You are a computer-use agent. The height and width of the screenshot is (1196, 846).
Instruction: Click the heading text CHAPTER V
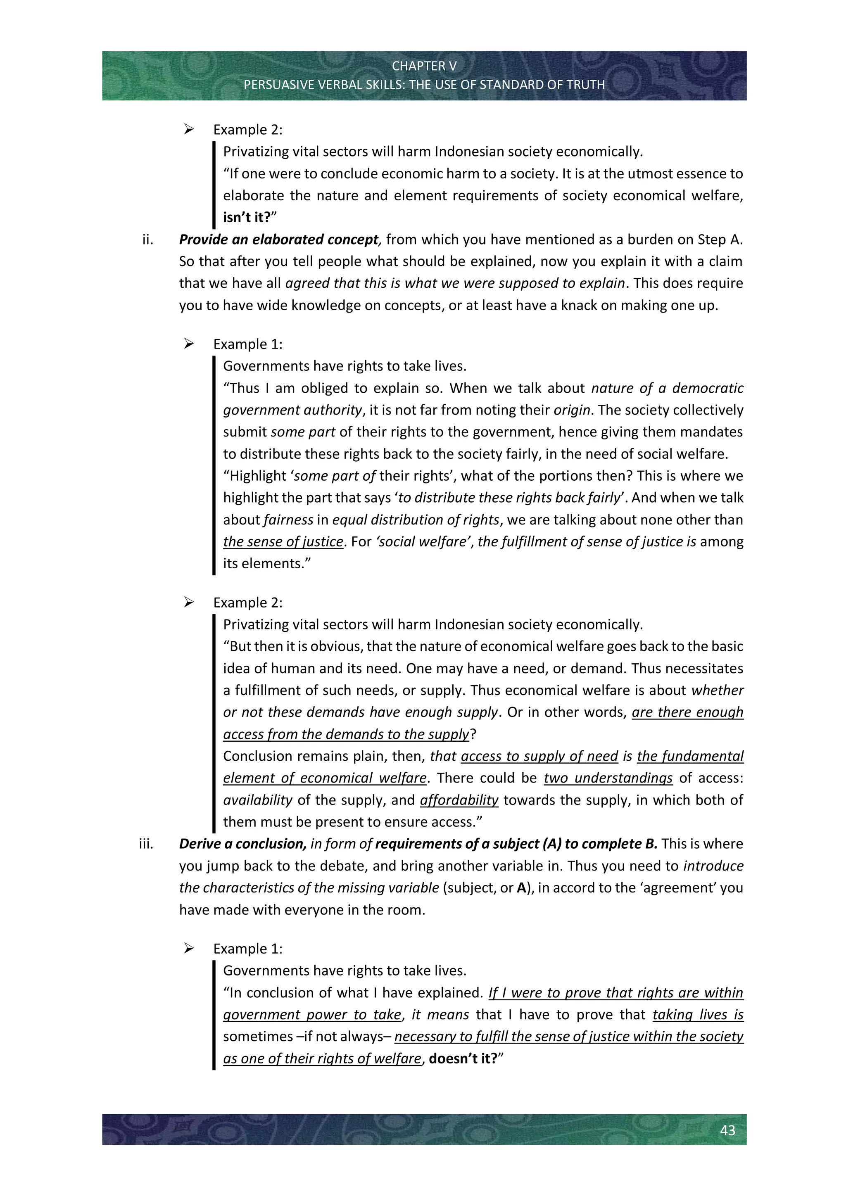point(424,66)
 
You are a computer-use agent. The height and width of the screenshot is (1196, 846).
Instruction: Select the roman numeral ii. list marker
point(148,240)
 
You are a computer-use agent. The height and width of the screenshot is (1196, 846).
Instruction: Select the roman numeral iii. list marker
point(146,844)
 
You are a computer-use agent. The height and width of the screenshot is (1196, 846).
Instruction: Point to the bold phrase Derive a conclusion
point(242,844)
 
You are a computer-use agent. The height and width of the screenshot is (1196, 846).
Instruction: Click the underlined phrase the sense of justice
point(283,542)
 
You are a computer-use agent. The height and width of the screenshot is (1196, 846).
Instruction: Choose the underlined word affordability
point(459,800)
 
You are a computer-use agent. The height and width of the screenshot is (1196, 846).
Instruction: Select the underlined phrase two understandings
point(608,778)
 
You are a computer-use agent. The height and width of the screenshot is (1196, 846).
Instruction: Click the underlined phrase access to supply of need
point(539,756)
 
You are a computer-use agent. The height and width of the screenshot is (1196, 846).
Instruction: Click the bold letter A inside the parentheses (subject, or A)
point(521,888)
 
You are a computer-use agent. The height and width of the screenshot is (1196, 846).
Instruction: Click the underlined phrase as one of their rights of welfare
point(322,1058)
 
